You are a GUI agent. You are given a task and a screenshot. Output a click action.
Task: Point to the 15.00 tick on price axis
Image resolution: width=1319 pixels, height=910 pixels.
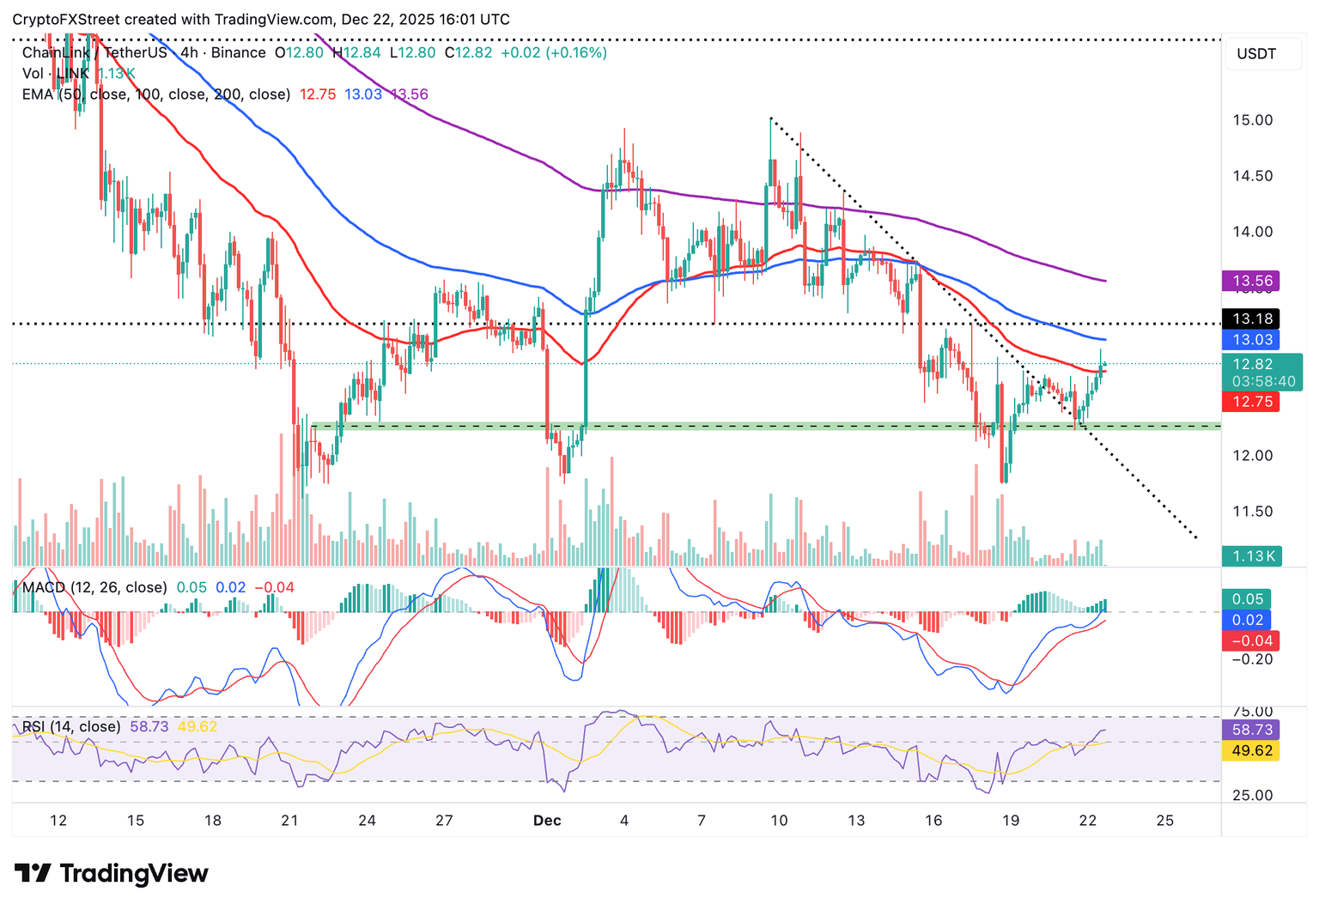point(1252,120)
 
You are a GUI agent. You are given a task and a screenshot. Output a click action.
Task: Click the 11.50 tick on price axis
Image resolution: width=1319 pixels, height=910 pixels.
point(1252,512)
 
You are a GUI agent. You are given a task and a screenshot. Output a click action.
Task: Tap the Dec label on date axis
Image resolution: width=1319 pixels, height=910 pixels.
point(547,821)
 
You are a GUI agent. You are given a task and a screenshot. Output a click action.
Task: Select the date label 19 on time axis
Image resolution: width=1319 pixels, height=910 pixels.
point(1011,821)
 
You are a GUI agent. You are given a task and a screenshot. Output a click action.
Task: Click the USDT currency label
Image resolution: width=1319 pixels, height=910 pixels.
point(1256,54)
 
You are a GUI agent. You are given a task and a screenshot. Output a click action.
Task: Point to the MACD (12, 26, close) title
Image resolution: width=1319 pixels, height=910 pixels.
point(94,587)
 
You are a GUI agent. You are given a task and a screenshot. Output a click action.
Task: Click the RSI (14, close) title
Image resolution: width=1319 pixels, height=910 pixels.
point(71,726)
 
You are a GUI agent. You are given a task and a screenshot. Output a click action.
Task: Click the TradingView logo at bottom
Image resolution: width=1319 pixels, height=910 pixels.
point(112,874)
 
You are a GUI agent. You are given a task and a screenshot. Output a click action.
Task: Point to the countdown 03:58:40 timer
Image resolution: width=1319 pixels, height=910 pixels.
point(1263,381)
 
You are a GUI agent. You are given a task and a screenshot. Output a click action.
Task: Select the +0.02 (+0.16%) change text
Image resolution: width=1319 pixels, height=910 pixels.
point(554,53)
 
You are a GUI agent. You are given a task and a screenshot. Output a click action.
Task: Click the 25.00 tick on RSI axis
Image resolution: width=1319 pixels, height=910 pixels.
point(1252,795)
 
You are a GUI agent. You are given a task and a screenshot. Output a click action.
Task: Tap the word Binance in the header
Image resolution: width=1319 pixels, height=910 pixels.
point(238,53)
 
